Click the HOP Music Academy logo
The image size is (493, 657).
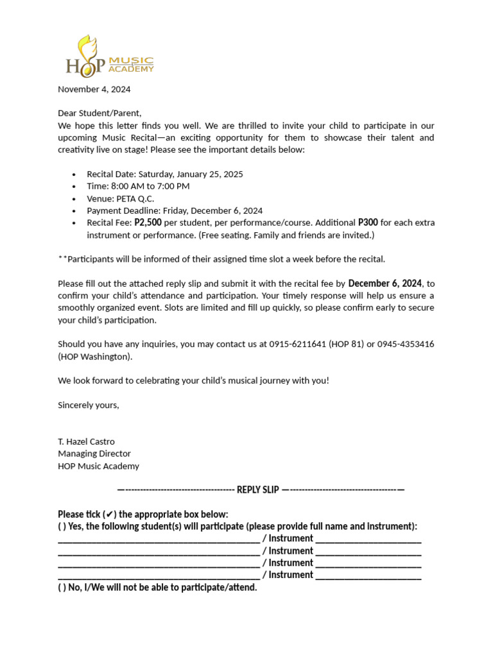pyautogui.click(x=109, y=56)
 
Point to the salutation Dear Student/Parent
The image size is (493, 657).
pyautogui.click(x=99, y=113)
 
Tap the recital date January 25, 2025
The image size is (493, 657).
pyautogui.click(x=211, y=174)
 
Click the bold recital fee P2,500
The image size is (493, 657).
pyautogui.click(x=148, y=223)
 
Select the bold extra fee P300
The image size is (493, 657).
pyautogui.click(x=368, y=223)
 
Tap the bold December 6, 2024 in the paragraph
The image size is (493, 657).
pyautogui.click(x=385, y=283)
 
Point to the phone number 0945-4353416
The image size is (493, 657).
pyautogui.click(x=406, y=344)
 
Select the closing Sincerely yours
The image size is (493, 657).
pyautogui.click(x=89, y=405)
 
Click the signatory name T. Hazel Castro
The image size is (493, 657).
pyautogui.click(x=86, y=441)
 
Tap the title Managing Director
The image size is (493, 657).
pyautogui.click(x=94, y=454)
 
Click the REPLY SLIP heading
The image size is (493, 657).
pyautogui.click(x=258, y=490)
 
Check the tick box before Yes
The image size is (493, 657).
pyautogui.click(x=61, y=526)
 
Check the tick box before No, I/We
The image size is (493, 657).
pyautogui.click(x=61, y=587)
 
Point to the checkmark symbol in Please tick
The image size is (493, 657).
pyautogui.click(x=111, y=514)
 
